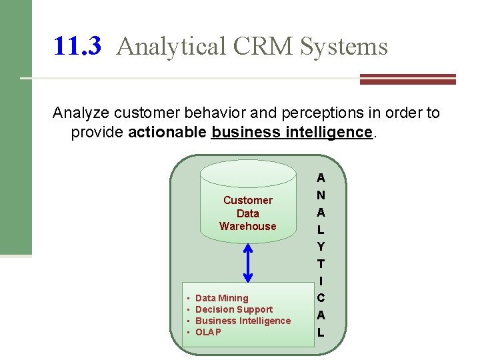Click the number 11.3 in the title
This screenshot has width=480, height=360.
click(x=77, y=46)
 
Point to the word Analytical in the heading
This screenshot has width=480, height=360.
click(x=172, y=46)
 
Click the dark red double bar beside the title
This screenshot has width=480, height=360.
click(x=407, y=79)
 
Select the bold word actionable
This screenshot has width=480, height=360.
click(x=167, y=132)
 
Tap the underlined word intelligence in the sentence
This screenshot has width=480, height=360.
click(x=328, y=132)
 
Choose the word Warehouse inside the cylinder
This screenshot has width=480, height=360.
click(x=247, y=226)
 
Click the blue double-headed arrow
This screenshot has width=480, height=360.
click(x=248, y=263)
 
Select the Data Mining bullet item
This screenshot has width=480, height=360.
click(x=221, y=298)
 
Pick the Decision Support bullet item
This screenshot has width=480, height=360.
click(x=234, y=309)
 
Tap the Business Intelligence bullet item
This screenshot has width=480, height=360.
click(x=243, y=321)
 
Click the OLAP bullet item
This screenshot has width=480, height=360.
click(x=208, y=332)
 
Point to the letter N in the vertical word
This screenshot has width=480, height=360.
click(x=321, y=195)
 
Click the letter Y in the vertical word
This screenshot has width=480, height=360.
click(x=321, y=247)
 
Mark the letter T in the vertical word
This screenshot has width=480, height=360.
click(x=321, y=264)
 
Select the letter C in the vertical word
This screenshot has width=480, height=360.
click(x=321, y=298)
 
